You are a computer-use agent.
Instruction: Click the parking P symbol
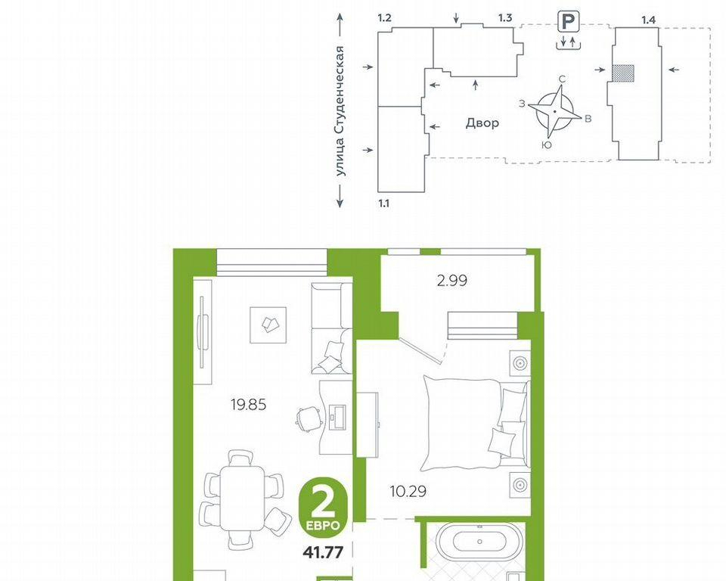(x=568, y=22)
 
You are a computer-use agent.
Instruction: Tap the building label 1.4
(x=648, y=20)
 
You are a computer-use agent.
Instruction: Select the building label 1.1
(x=384, y=203)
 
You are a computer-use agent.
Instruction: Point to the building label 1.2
(x=385, y=18)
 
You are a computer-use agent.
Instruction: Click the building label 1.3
(x=505, y=18)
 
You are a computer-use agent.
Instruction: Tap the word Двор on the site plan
(x=482, y=123)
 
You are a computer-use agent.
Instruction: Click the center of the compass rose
(x=554, y=112)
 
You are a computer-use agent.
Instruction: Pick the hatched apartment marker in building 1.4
(x=622, y=73)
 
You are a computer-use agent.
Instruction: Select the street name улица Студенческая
(x=341, y=110)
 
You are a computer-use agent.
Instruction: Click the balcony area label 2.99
(x=452, y=281)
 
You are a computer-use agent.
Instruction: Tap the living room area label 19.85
(x=249, y=405)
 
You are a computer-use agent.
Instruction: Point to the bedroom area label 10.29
(x=408, y=491)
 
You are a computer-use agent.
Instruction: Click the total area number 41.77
(x=323, y=552)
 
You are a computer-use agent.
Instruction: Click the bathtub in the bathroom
(x=479, y=542)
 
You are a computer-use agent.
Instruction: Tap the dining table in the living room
(x=242, y=498)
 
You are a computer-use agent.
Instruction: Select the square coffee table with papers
(x=268, y=325)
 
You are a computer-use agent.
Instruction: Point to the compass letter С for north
(x=562, y=79)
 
